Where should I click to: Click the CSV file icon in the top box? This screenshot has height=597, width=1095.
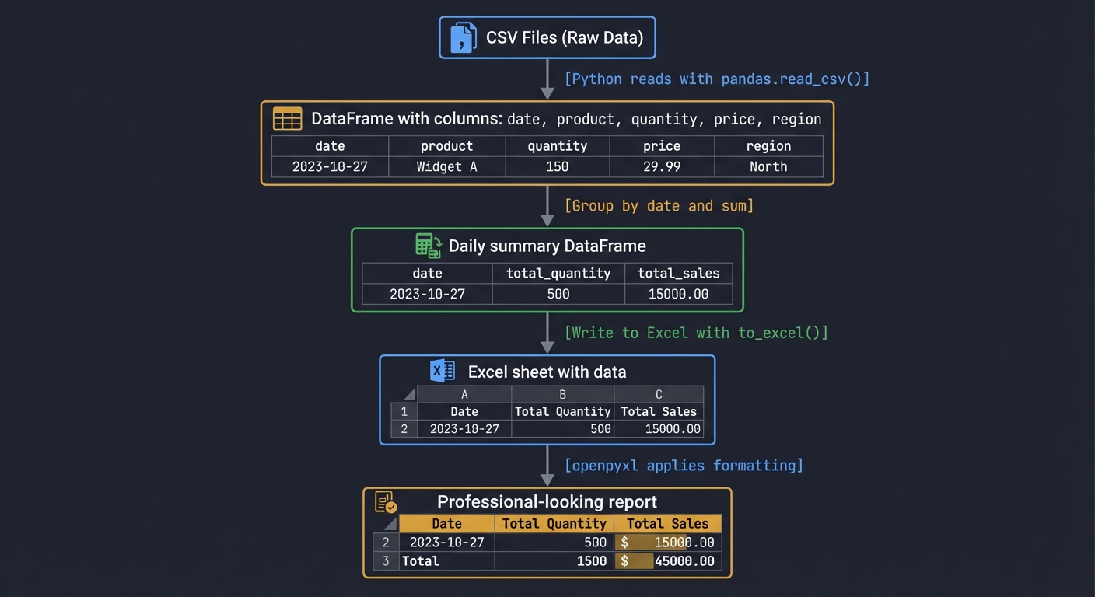tap(463, 37)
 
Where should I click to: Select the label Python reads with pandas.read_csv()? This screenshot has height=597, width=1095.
tap(716, 79)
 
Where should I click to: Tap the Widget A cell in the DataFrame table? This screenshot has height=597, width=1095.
tap(446, 166)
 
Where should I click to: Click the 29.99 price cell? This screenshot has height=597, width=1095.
tap(662, 166)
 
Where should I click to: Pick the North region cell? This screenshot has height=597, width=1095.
tap(768, 166)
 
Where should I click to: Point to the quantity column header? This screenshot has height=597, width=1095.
tap(557, 146)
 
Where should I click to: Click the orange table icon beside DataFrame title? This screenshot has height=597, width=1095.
tap(287, 119)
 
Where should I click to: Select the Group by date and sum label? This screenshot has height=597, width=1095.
tap(659, 205)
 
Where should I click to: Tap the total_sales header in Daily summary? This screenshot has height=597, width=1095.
tap(678, 273)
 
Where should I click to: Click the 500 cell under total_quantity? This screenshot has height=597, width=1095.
tap(558, 294)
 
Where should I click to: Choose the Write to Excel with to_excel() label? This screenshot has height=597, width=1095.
tap(696, 333)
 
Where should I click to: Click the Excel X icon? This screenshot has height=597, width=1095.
tap(443, 371)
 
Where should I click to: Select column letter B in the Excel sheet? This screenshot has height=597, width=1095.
tap(562, 394)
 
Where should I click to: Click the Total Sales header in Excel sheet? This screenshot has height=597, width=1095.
tap(659, 411)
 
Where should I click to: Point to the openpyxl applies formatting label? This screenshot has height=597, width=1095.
tap(684, 465)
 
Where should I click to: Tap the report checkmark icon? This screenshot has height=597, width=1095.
tap(386, 502)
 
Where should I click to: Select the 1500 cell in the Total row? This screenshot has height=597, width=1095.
tap(554, 560)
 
